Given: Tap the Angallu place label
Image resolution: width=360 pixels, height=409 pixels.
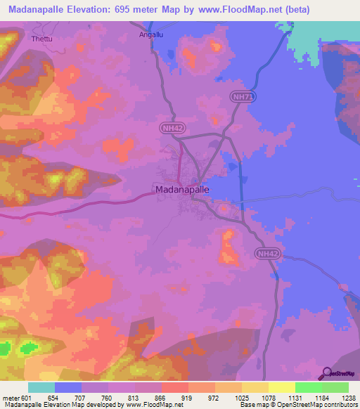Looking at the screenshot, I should pos(153,33).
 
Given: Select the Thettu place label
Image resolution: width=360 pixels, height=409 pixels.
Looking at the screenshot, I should pos(41,39).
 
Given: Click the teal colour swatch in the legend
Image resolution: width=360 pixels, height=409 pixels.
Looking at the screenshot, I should pos(41,387).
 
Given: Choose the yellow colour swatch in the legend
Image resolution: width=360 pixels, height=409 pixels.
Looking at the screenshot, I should pos(281,387).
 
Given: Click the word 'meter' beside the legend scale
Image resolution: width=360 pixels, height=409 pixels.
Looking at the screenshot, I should pos(10,398).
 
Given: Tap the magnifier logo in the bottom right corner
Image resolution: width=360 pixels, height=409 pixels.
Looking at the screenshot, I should pos(326,373).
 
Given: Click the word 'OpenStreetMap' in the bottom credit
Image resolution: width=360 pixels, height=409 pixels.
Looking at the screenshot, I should pos(298,405).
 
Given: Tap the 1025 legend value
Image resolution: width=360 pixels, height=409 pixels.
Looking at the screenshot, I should pos(242,398).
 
